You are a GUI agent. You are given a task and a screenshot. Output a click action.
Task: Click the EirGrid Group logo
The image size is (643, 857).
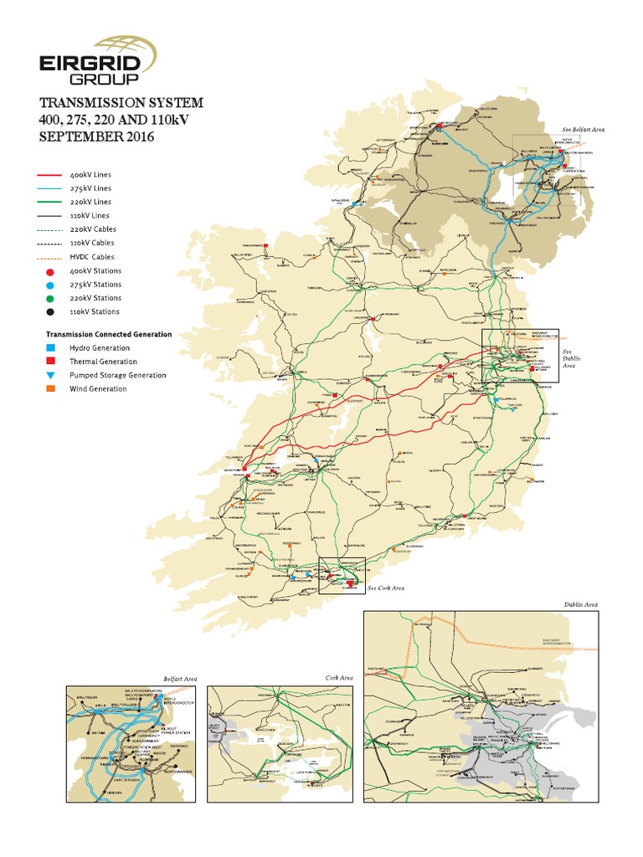(100, 58)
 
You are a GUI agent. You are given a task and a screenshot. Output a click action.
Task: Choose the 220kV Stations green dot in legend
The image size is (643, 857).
(51, 298)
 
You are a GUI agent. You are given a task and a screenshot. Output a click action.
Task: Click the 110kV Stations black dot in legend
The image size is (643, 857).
(51, 311)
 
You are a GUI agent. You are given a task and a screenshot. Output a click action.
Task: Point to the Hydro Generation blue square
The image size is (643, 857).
(51, 348)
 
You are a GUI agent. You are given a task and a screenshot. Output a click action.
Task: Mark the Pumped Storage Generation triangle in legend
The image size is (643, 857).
(51, 376)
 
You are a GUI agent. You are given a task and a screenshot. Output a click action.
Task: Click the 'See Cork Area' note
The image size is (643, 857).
(386, 588)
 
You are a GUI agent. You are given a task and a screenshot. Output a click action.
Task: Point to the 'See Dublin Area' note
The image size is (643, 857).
(569, 358)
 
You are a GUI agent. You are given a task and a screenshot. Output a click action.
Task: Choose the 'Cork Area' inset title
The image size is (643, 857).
(340, 678)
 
